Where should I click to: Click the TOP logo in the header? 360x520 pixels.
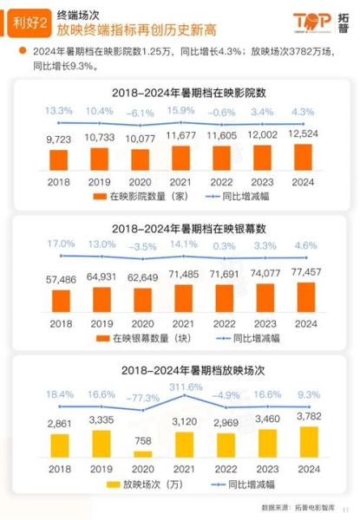(313, 21)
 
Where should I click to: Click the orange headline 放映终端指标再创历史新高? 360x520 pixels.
(130, 34)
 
